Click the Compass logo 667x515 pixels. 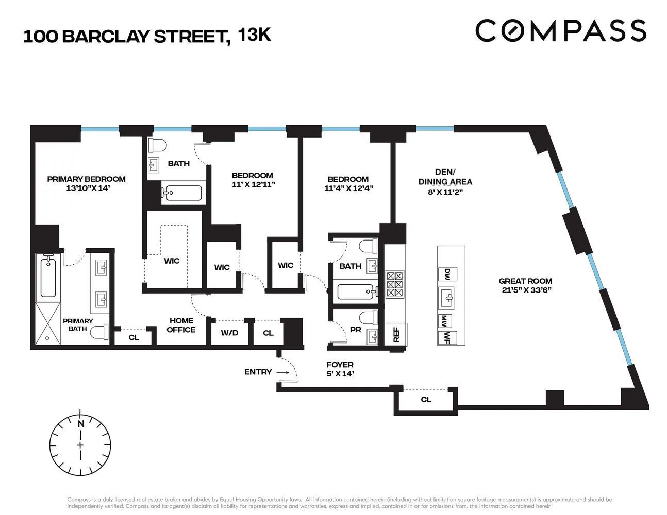(560, 31)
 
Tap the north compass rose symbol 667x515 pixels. (80, 444)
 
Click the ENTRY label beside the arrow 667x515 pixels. (258, 372)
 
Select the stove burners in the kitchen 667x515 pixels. (395, 283)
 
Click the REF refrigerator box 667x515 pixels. (396, 335)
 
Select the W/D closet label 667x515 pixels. (229, 333)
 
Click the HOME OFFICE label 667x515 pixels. (181, 325)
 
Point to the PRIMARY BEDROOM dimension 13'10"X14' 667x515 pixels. (89, 188)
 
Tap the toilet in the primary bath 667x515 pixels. (100, 333)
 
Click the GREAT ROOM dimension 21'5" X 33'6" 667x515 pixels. (525, 290)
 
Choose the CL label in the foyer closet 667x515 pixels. (426, 399)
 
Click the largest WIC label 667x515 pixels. (172, 261)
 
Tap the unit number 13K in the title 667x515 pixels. (254, 35)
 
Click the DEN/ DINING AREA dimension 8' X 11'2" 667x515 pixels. (445, 191)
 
